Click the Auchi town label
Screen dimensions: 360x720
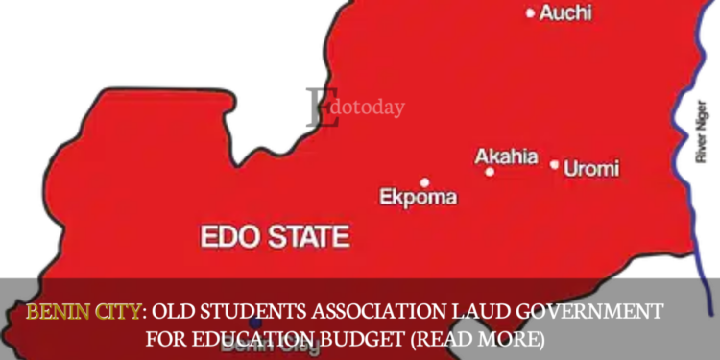click(x=565, y=13)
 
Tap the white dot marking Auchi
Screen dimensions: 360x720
click(x=530, y=13)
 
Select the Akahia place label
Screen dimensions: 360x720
click(x=506, y=156)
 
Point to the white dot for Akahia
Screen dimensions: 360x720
click(x=490, y=172)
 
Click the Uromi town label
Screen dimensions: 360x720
click(x=590, y=169)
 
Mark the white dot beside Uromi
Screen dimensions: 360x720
click(x=554, y=165)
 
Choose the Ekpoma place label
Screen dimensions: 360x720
click(x=418, y=198)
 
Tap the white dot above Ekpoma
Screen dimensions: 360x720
click(x=424, y=181)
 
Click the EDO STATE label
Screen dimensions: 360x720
click(x=274, y=235)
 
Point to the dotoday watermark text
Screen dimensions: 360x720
click(x=367, y=108)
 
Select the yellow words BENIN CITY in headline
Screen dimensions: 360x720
click(x=83, y=312)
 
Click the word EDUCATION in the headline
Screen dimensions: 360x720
click(x=277, y=339)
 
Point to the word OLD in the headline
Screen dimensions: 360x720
click(x=176, y=312)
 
